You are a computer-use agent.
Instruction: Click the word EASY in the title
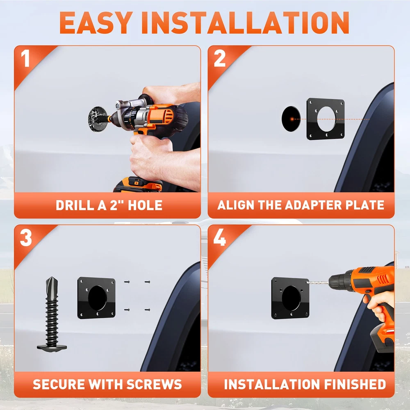(x=96, y=23)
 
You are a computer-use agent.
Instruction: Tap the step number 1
(x=25, y=58)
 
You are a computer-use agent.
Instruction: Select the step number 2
(x=220, y=58)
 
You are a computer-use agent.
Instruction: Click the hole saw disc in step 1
(x=98, y=119)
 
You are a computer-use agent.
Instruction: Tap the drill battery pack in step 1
(x=138, y=184)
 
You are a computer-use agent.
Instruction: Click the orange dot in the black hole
(x=292, y=119)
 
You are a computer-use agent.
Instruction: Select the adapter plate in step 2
(x=326, y=119)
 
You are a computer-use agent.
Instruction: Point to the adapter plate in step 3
(x=96, y=298)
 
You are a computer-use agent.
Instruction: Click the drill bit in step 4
(x=318, y=282)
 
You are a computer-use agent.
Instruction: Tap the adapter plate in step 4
(x=290, y=298)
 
